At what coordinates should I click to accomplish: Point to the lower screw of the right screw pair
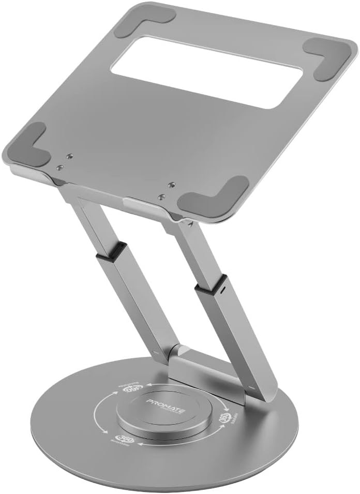click(x=162, y=197)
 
